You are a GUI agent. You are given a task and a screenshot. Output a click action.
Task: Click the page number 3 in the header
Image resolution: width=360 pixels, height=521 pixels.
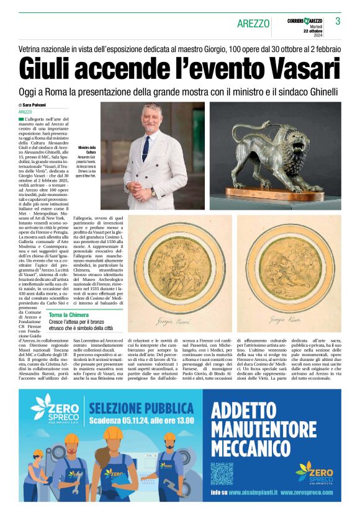point(338,21)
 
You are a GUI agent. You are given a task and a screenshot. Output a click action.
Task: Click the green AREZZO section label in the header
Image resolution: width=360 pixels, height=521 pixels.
point(253,24)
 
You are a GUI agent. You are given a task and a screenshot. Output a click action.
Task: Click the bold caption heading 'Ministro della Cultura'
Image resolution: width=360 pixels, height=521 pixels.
point(87,149)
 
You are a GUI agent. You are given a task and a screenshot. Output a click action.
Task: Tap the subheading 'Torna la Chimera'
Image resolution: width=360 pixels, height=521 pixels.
point(69,315)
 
